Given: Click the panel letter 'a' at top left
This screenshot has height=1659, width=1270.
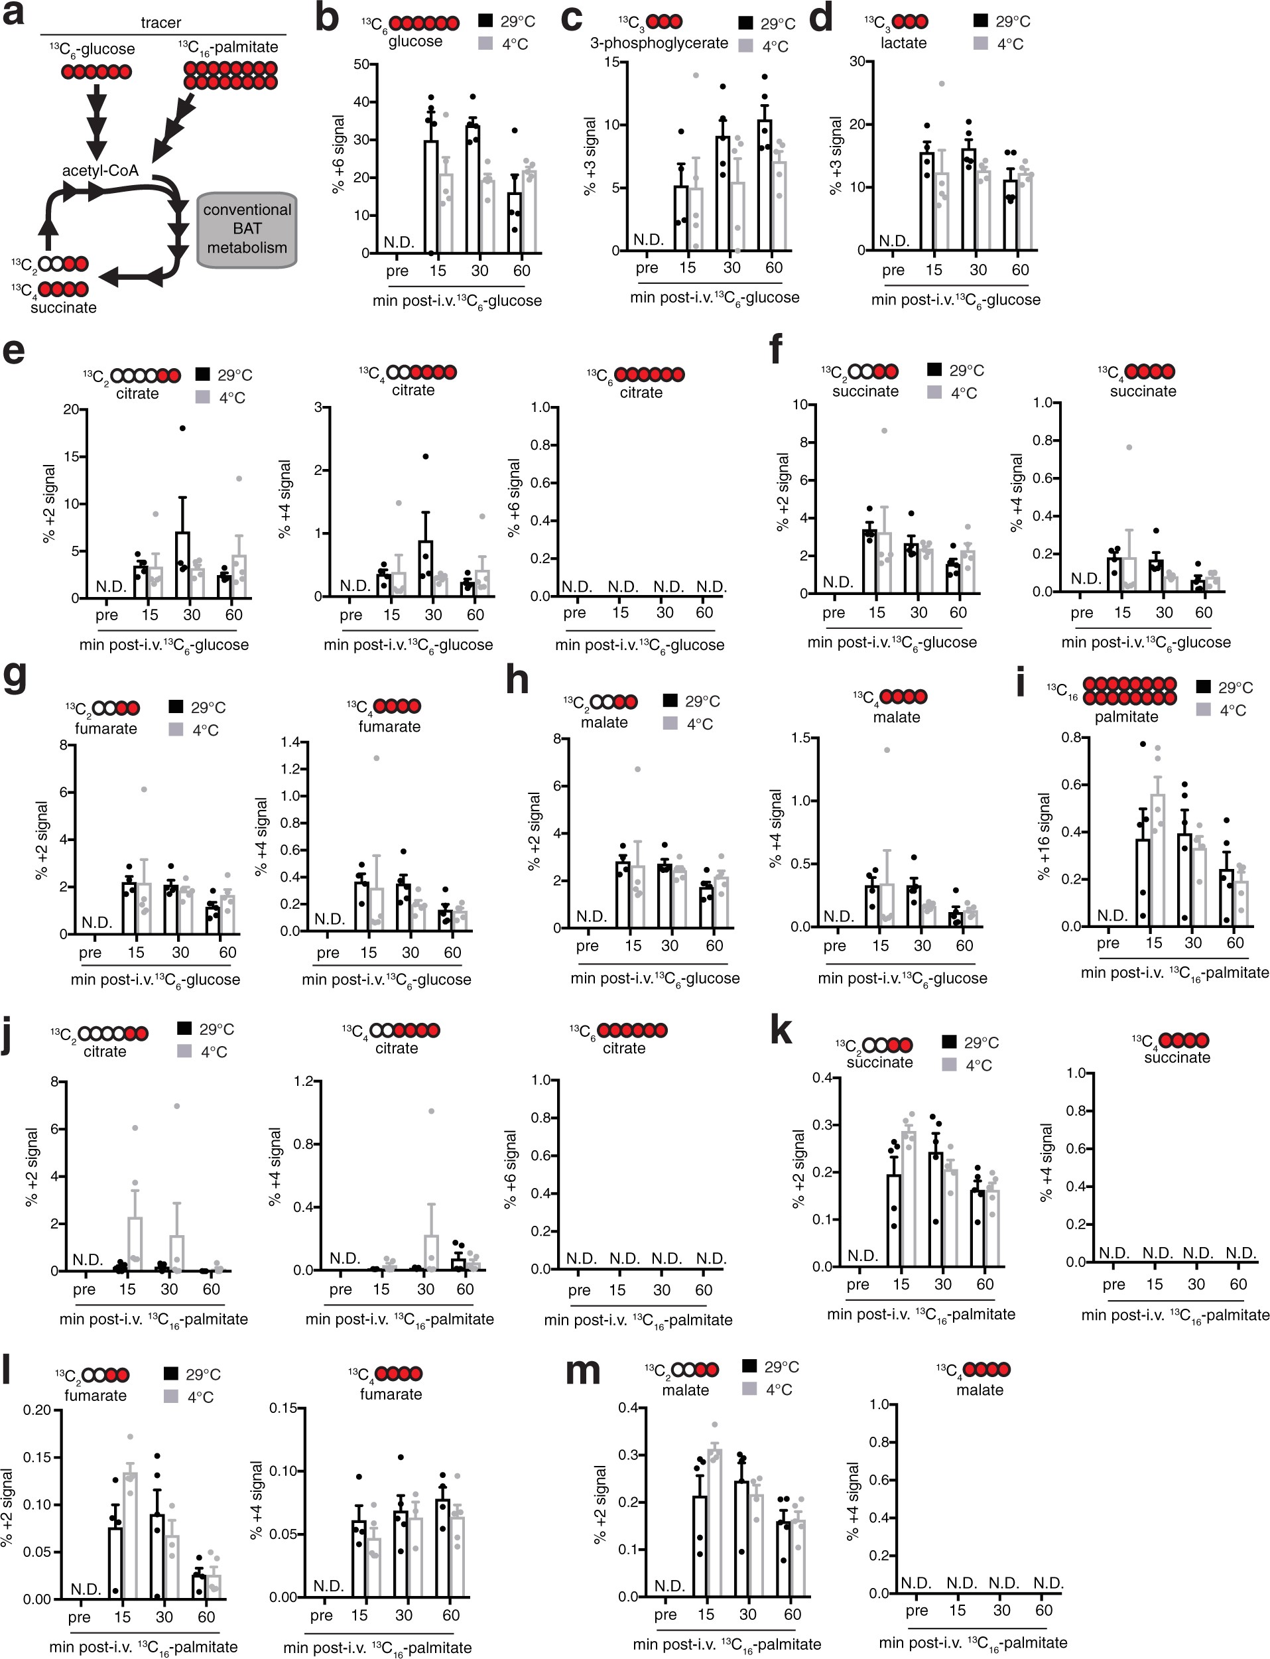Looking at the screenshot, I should click(x=15, y=15).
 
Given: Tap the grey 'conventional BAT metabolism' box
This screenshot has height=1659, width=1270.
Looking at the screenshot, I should click(x=247, y=229).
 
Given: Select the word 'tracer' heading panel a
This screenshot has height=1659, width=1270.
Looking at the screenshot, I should click(x=161, y=23).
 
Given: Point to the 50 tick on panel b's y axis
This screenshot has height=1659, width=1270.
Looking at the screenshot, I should click(x=361, y=64).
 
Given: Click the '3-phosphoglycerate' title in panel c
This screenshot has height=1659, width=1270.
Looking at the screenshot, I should click(x=659, y=43).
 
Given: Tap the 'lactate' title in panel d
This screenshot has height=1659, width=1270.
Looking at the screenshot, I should click(x=903, y=43).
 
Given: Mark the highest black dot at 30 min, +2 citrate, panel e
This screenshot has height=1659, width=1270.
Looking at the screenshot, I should click(x=182, y=429).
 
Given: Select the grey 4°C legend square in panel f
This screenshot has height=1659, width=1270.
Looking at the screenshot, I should click(x=934, y=393).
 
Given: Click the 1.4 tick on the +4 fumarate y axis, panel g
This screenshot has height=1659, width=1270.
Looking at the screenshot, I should click(x=290, y=742).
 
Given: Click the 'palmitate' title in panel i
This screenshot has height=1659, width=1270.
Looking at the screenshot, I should click(x=1126, y=717).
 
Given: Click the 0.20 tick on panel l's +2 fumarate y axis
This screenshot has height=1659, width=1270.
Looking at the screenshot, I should click(x=37, y=1410).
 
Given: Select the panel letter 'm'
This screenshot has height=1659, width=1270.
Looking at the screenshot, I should click(x=583, y=1370).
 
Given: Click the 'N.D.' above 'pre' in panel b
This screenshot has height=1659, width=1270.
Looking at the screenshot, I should click(x=399, y=242).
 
